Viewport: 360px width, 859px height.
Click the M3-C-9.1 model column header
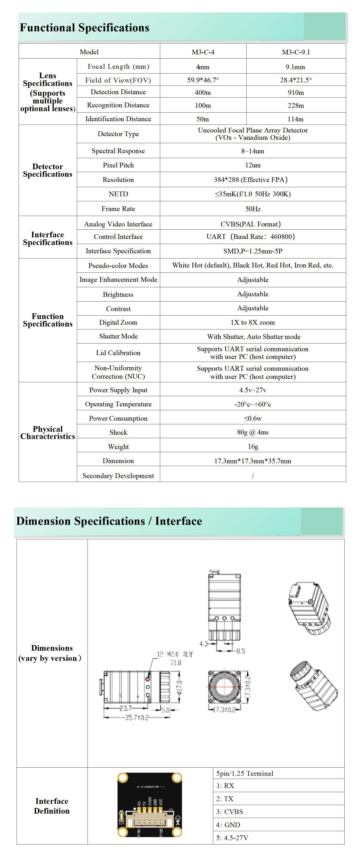click(x=296, y=52)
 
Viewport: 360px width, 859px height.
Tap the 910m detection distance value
click(x=296, y=92)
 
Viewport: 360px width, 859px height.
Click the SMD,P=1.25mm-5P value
click(x=253, y=251)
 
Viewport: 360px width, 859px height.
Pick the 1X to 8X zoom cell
click(x=253, y=322)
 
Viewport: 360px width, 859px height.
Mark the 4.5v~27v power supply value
click(x=253, y=390)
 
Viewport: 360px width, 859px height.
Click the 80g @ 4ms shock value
click(x=253, y=432)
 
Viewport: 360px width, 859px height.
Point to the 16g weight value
click(x=253, y=447)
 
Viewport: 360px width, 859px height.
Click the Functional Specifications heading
click(x=84, y=28)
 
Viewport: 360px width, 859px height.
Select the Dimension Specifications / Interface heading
click(x=109, y=521)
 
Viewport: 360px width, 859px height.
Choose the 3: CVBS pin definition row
click(x=230, y=812)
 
